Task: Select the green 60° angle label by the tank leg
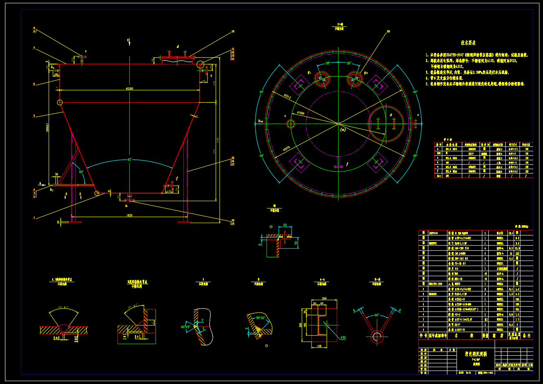click(x=81, y=172)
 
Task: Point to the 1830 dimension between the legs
click(x=129, y=215)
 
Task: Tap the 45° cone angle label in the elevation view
click(x=129, y=159)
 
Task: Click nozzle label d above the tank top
click(x=178, y=47)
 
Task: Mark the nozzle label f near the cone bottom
click(x=177, y=178)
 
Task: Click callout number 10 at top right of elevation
click(x=233, y=31)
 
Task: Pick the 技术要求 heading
click(x=468, y=43)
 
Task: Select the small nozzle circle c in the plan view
click(x=291, y=124)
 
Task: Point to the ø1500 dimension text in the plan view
click(x=300, y=113)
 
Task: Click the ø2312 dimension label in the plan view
click(x=287, y=97)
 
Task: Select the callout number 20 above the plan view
click(x=388, y=31)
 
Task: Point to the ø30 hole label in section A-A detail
click(x=343, y=337)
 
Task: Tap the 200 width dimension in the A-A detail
click(x=324, y=299)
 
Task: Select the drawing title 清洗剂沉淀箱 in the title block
click(x=476, y=354)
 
